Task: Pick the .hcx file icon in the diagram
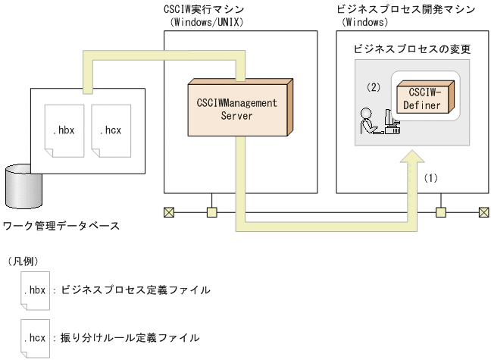(x=110, y=130)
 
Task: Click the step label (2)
(x=373, y=87)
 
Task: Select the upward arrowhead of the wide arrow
(x=413, y=161)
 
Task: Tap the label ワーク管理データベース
(x=61, y=225)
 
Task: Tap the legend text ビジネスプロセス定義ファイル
(x=135, y=290)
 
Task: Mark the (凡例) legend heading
(x=22, y=261)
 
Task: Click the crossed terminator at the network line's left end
(x=168, y=212)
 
